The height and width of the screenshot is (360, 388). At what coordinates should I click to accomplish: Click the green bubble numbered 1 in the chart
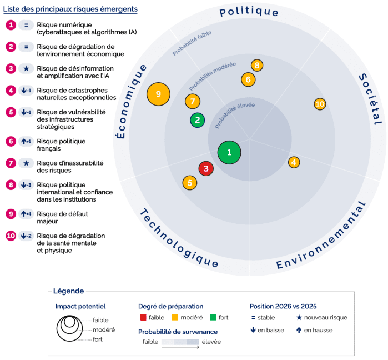pyautogui.click(x=229, y=152)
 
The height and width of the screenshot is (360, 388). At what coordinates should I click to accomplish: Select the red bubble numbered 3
pyautogui.click(x=206, y=168)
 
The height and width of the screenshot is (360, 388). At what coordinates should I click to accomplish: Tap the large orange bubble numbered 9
pyautogui.click(x=159, y=94)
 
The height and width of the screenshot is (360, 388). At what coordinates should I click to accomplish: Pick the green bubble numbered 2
pyautogui.click(x=197, y=119)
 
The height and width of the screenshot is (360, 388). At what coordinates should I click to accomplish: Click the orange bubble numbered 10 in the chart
pyautogui.click(x=320, y=104)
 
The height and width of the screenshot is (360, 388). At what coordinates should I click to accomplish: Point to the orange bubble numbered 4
pyautogui.click(x=294, y=162)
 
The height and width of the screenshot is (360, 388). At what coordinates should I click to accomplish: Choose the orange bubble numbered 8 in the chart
pyautogui.click(x=256, y=66)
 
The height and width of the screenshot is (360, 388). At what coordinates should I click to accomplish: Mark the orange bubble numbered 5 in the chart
pyautogui.click(x=190, y=182)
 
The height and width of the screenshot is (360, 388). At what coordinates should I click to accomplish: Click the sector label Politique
pyautogui.click(x=249, y=12)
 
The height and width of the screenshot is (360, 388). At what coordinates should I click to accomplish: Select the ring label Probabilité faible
pyautogui.click(x=192, y=43)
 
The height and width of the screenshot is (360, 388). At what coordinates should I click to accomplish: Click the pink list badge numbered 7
pyautogui.click(x=11, y=163)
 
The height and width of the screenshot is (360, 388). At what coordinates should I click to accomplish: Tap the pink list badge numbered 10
pyautogui.click(x=11, y=236)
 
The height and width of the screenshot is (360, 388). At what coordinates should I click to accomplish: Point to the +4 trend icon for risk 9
pyautogui.click(x=26, y=214)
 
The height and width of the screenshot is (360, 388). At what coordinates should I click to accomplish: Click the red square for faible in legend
pyautogui.click(x=143, y=318)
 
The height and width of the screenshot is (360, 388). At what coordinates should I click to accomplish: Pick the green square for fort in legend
pyautogui.click(x=213, y=318)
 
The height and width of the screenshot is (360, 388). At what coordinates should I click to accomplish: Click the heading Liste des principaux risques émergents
pyautogui.click(x=70, y=9)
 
